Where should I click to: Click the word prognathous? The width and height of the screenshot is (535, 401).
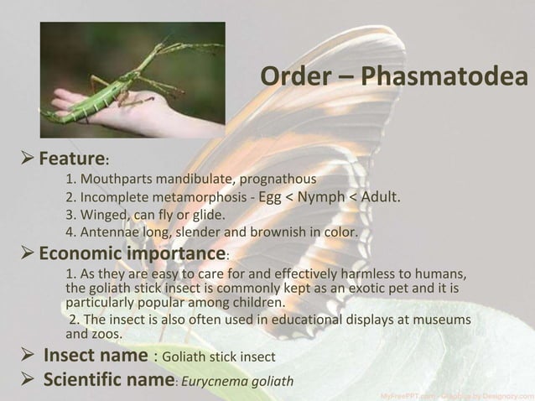pos(279,180)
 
